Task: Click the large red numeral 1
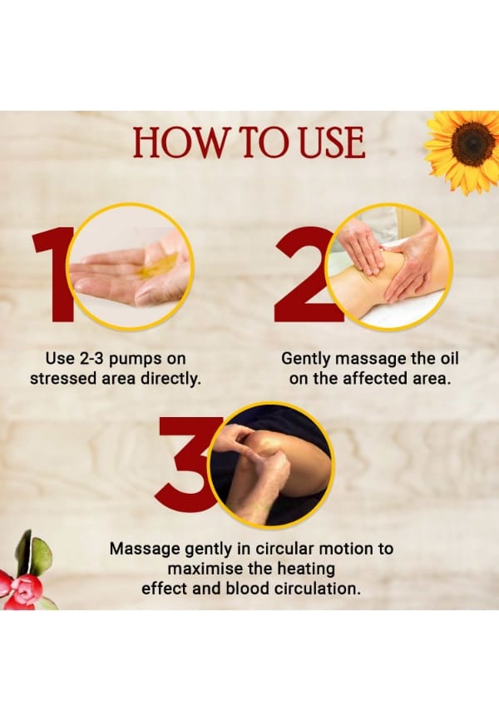53,274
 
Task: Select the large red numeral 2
304,274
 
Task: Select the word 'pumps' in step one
133,360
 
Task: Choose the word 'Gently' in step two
305,360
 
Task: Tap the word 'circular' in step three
284,549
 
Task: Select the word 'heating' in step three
306,570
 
